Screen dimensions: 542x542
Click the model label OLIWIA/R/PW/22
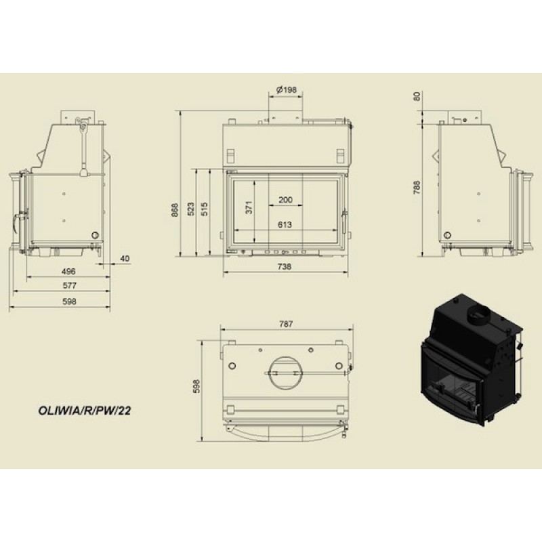(x=84, y=411)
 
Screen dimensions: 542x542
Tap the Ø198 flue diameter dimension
(x=287, y=90)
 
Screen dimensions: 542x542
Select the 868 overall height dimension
(x=175, y=210)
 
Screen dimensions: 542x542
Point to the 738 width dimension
(x=284, y=266)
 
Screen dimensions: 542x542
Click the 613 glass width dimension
(x=285, y=225)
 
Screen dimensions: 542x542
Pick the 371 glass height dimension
(x=249, y=207)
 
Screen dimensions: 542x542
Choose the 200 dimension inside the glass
(x=285, y=200)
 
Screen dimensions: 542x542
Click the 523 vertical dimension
(x=191, y=209)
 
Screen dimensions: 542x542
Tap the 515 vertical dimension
(x=205, y=209)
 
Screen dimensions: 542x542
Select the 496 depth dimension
(x=68, y=272)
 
